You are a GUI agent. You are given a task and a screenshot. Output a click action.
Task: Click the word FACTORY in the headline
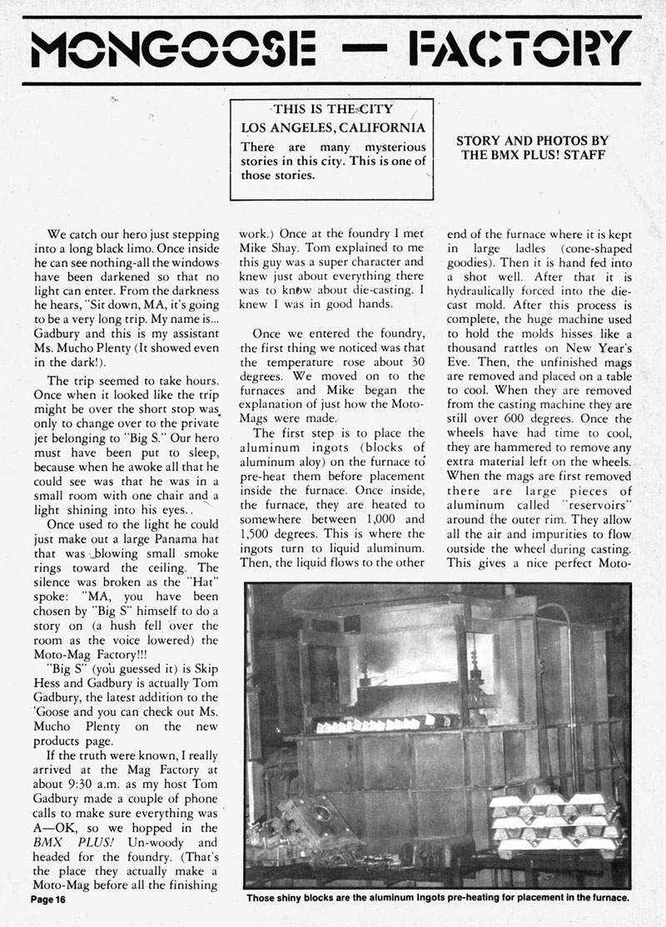pos(516,51)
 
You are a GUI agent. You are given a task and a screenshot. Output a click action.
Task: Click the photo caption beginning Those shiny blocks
pos(437,899)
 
